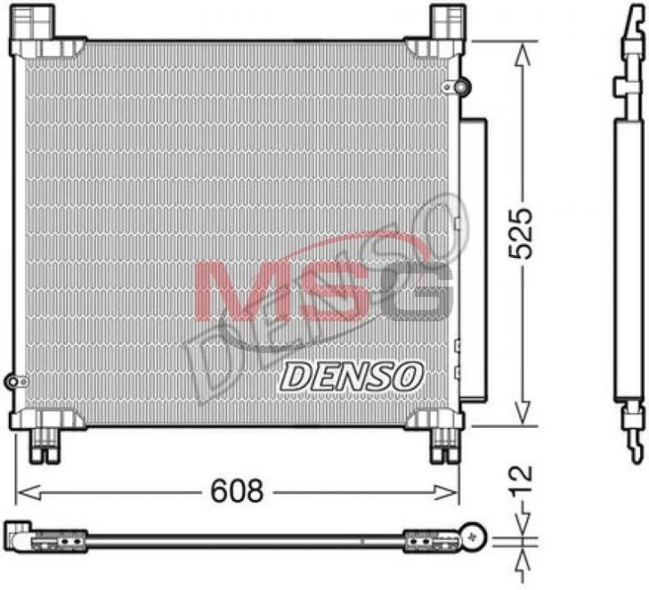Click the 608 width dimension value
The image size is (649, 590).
point(237,491)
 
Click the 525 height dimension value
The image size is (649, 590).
point(520,234)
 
